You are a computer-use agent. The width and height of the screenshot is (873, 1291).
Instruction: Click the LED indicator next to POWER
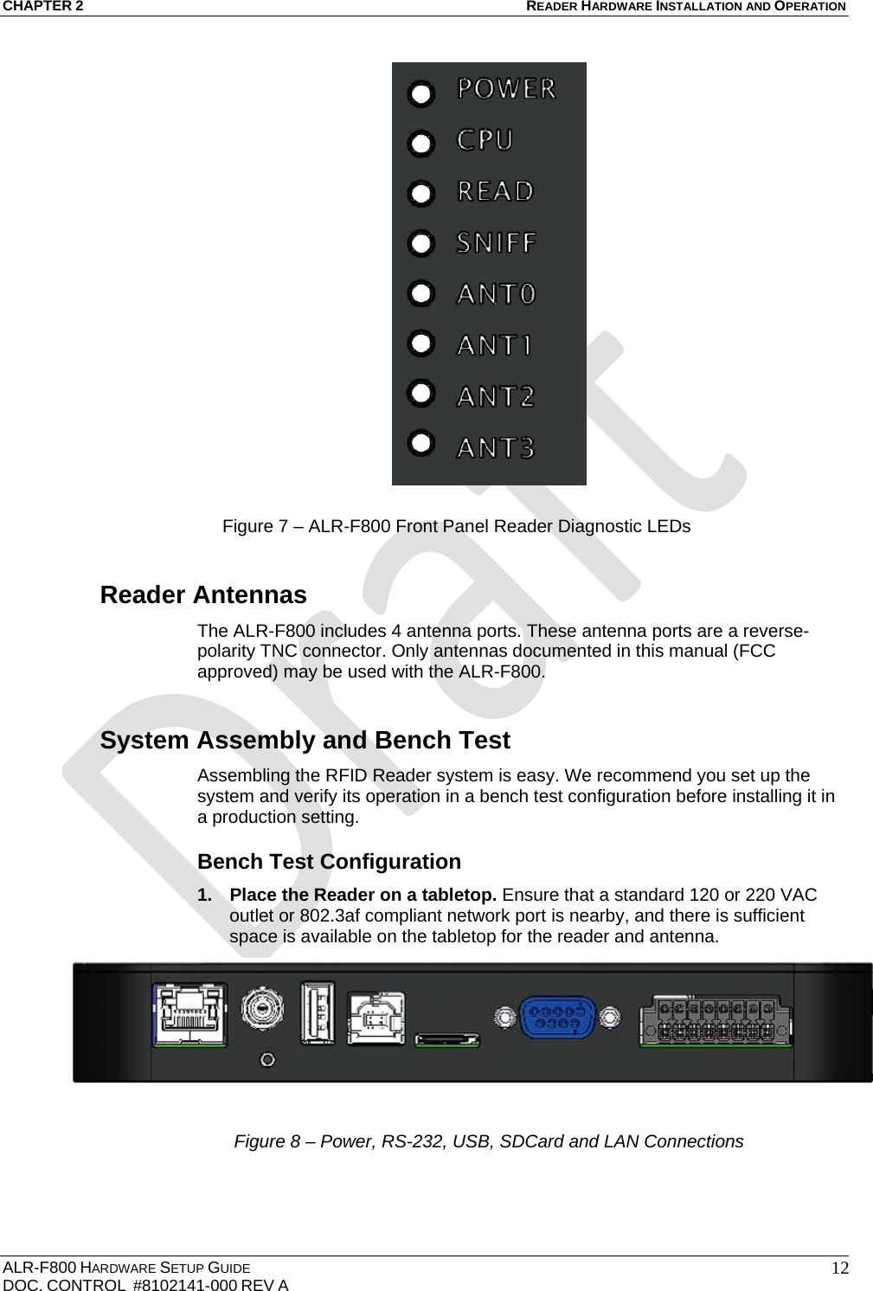click(420, 94)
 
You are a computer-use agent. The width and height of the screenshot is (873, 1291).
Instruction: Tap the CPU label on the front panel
click(485, 139)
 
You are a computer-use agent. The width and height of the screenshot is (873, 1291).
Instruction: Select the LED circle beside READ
click(420, 194)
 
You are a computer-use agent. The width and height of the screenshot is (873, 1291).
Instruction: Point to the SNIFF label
click(497, 242)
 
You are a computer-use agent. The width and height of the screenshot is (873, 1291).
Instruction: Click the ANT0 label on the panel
click(496, 294)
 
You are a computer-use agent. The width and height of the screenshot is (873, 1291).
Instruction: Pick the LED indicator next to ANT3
click(420, 442)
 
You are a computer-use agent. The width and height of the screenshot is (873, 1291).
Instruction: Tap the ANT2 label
click(496, 396)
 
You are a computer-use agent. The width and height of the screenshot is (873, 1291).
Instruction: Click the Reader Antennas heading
click(203, 595)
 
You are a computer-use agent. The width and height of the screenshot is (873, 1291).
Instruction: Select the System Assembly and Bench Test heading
click(305, 741)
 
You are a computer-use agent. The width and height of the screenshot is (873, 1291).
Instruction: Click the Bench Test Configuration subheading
click(329, 862)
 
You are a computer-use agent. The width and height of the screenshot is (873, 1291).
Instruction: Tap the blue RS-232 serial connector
click(556, 1016)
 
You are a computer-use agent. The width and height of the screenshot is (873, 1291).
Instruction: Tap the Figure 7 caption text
click(456, 526)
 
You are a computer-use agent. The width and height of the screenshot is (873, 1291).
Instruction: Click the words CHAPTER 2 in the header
click(43, 7)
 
